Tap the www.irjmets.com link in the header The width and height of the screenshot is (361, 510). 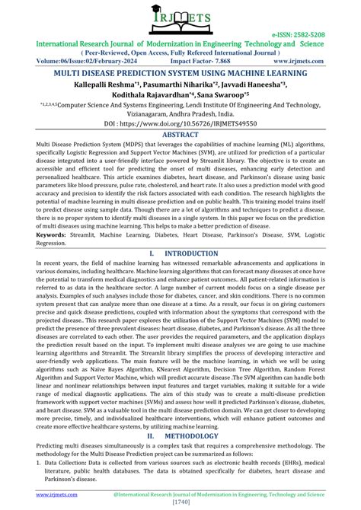[x=321, y=64]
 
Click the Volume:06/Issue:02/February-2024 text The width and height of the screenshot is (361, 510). [x=72, y=64]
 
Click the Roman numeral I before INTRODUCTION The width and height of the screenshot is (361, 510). [x=152, y=252]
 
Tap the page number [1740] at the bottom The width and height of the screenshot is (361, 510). [x=180, y=502]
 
